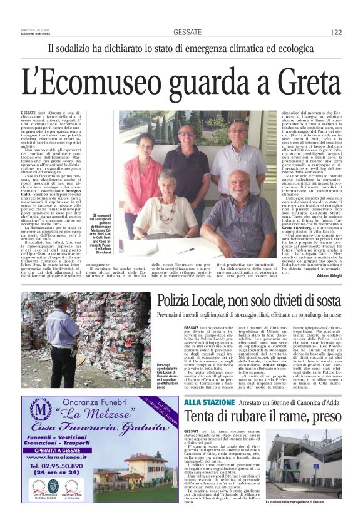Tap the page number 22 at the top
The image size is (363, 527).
[337, 32]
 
